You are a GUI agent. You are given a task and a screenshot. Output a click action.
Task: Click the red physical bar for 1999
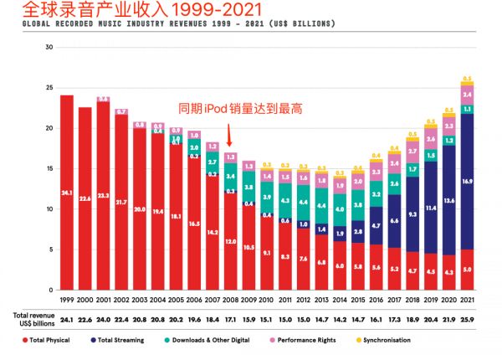(x=67, y=192)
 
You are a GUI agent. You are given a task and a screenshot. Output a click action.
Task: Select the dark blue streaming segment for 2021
(x=467, y=181)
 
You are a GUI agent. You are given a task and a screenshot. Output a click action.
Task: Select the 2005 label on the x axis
(x=176, y=299)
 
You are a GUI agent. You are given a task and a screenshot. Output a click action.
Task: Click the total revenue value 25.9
(x=467, y=319)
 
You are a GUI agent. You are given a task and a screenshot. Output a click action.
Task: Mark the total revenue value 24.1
(x=67, y=319)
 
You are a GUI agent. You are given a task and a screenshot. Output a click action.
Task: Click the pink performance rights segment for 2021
(x=467, y=95)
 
